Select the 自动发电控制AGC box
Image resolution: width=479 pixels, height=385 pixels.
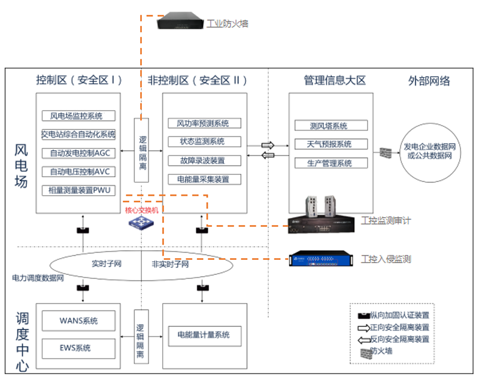[x=78, y=153]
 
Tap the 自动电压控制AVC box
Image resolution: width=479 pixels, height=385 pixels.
[x=78, y=172]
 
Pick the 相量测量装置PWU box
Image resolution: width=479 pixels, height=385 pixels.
[x=78, y=191]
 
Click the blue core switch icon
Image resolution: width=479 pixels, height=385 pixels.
[x=141, y=222]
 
